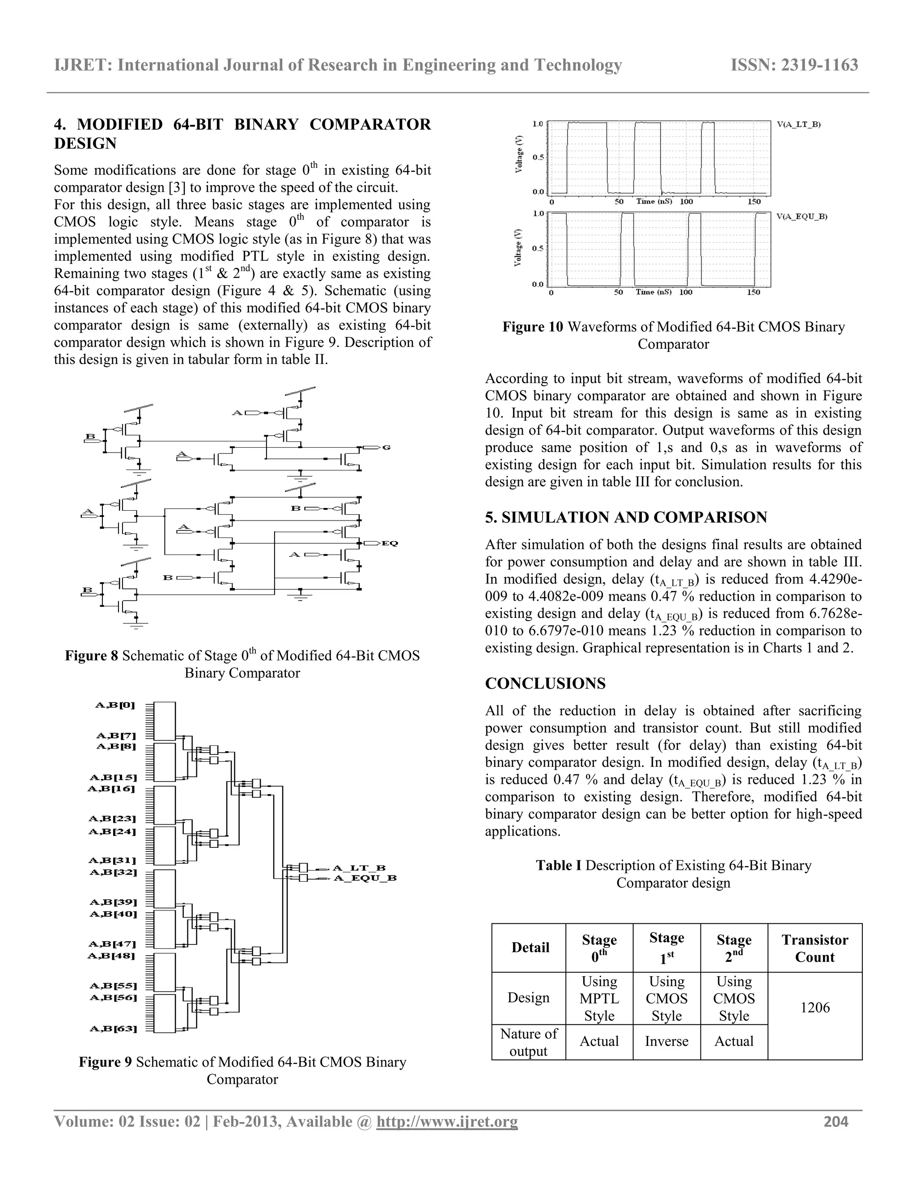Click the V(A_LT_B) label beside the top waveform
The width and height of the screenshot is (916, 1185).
[x=798, y=124]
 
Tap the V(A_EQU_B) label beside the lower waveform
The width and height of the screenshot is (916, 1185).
[x=801, y=216]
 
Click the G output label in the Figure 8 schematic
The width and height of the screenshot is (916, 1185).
[x=386, y=448]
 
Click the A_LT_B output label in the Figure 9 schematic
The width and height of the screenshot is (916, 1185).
[x=359, y=868]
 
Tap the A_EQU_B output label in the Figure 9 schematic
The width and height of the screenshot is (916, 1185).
[x=365, y=878]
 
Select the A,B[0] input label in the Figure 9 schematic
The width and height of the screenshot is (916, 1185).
[x=115, y=705]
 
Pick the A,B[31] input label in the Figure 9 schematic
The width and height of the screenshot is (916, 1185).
[x=112, y=860]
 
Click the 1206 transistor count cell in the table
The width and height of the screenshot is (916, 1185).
[x=814, y=1007]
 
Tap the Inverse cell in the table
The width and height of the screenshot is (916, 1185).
[x=666, y=1041]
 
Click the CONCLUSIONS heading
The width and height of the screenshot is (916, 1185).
[x=545, y=684]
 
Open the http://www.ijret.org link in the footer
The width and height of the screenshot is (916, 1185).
[x=447, y=1122]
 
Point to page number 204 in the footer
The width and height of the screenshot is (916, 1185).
[x=835, y=1122]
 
